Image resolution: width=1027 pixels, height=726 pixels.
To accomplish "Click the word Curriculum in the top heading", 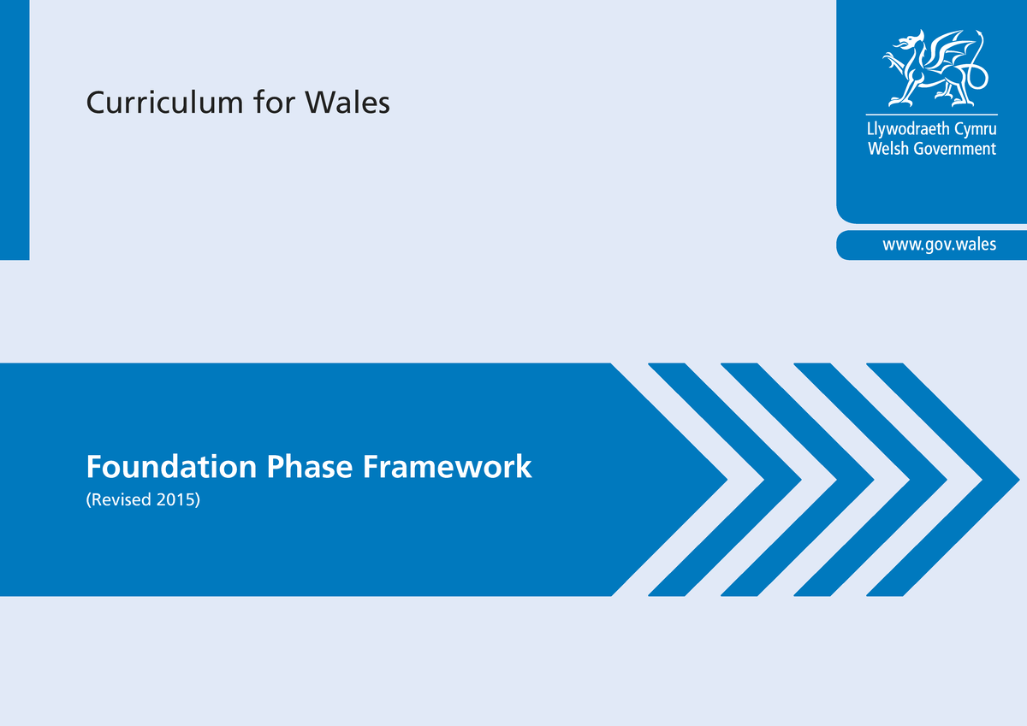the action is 164,102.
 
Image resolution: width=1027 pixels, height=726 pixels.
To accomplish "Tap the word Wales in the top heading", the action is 348,102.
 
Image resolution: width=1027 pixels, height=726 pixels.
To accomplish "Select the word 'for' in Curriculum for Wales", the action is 274,101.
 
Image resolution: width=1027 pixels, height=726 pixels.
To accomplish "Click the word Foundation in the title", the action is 171,467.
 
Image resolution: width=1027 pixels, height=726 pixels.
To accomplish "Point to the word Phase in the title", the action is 310,466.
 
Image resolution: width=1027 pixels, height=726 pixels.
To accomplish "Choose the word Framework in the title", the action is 447,466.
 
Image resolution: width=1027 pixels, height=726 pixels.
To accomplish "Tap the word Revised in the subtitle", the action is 119,499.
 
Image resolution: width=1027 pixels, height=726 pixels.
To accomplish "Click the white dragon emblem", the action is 935,68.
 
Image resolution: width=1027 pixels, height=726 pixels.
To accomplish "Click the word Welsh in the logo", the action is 888,149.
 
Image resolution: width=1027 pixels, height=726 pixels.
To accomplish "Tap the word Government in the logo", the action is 955,149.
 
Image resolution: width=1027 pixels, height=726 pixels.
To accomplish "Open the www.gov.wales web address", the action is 940,244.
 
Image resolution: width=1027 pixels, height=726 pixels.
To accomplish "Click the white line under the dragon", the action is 932,114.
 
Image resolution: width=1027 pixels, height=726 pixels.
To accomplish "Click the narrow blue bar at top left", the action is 15,130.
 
